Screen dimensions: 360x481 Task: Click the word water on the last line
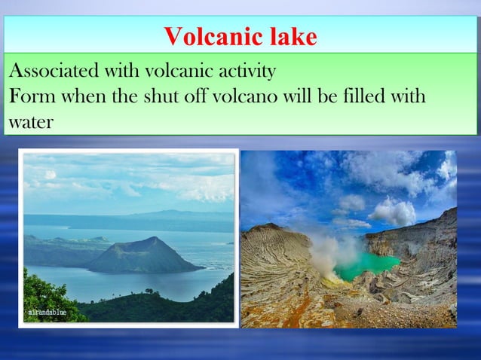click(x=31, y=121)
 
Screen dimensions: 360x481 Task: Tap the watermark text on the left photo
click(x=47, y=312)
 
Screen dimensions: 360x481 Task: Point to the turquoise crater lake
click(x=369, y=264)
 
